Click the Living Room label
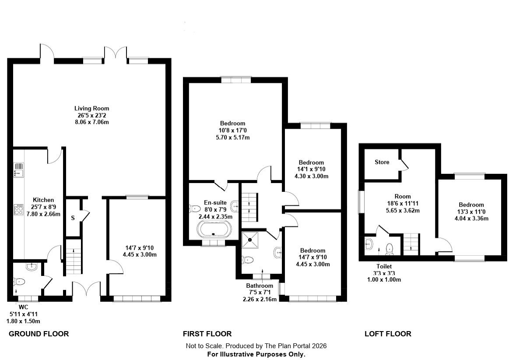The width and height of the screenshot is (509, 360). [x=91, y=109]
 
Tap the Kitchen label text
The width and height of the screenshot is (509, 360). [x=43, y=200]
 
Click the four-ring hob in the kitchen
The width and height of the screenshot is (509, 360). [x=19, y=210]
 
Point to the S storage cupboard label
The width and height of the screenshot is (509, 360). [x=73, y=218]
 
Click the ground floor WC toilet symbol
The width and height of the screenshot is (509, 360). [x=19, y=282]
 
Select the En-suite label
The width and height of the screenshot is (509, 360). [x=215, y=203]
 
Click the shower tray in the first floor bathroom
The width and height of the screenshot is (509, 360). [x=250, y=240]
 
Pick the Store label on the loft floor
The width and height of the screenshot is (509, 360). [x=382, y=162]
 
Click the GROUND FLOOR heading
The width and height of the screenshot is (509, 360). [x=39, y=334]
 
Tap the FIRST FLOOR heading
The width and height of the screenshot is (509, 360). [x=207, y=334]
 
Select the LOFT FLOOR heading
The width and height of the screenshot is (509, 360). [x=388, y=334]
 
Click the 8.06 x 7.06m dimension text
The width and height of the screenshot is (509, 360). [x=91, y=123]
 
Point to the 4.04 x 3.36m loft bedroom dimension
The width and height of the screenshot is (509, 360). [x=471, y=219]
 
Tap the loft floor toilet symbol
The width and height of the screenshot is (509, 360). [x=390, y=249]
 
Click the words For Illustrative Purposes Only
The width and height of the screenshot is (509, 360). [x=256, y=354]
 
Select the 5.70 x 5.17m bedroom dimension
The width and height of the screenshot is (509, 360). [x=233, y=138]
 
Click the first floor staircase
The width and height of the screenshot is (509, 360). [x=249, y=207]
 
